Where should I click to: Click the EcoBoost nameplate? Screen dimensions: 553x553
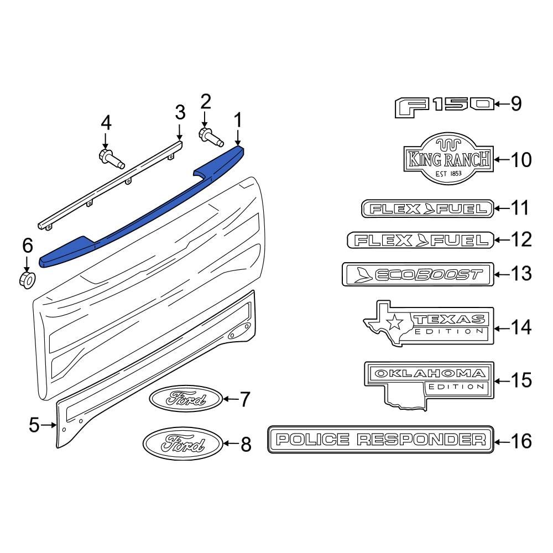[418, 274]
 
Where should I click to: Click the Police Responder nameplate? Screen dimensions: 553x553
[380, 440]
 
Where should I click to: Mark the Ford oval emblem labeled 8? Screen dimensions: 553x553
[182, 443]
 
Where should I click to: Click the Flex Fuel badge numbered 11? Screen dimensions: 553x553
[427, 208]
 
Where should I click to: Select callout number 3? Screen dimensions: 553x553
[180, 112]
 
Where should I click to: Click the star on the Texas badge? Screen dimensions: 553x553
[396, 322]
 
